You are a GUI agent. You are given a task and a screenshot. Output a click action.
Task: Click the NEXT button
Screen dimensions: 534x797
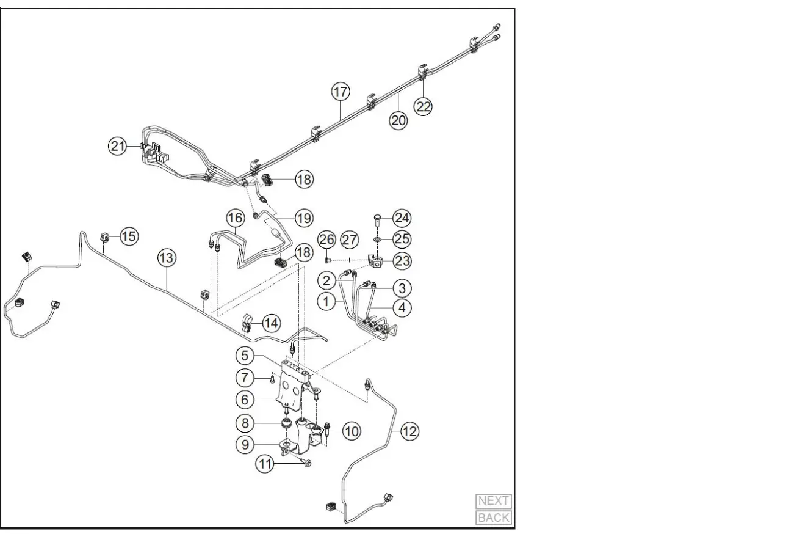493,501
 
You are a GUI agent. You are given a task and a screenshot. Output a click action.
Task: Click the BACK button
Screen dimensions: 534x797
493,518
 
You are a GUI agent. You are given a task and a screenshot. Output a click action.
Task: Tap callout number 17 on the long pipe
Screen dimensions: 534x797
341,92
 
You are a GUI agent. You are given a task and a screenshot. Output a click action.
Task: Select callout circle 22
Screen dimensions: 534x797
423,106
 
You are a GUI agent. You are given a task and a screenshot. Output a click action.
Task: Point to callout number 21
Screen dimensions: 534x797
118,146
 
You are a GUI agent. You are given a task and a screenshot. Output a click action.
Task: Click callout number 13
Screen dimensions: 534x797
167,258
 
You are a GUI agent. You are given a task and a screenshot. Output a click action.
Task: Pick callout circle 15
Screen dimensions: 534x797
129,236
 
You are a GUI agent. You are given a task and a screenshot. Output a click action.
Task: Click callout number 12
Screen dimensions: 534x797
409,431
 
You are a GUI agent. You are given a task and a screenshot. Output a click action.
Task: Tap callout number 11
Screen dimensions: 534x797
265,464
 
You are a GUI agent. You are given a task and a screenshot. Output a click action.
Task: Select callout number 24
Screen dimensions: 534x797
402,218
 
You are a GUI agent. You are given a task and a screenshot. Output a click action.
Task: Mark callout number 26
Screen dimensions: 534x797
327,238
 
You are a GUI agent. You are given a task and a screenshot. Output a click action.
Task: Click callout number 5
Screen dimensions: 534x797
245,354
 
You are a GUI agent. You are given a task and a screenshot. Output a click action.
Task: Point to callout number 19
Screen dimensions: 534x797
303,217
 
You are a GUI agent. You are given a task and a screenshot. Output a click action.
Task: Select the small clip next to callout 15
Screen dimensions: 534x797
104,236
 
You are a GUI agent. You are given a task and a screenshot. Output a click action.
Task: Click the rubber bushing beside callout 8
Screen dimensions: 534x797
285,423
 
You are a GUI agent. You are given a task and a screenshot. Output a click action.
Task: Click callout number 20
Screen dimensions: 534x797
398,120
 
